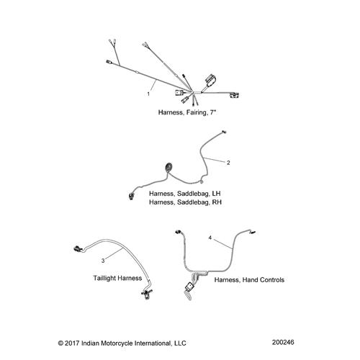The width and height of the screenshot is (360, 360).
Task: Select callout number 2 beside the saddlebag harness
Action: pos(228,162)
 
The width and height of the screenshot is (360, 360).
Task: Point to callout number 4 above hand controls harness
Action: pos(210,237)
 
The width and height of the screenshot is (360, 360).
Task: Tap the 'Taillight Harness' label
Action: pos(121,277)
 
